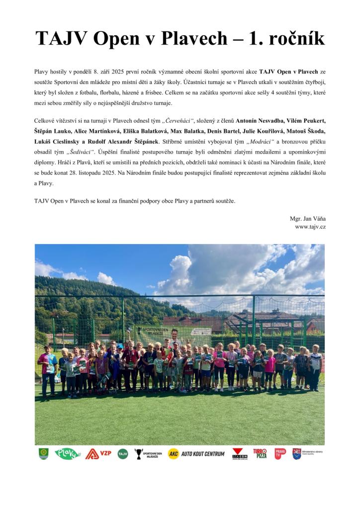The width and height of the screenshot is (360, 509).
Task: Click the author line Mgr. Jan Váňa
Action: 308,218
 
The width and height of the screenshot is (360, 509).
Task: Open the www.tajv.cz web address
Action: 310,227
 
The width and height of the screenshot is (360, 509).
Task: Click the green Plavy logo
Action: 68,453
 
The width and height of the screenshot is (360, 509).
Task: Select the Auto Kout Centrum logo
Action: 196,453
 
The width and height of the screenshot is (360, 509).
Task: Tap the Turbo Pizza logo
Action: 260,453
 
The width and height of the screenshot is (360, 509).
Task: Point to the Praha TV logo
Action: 280,453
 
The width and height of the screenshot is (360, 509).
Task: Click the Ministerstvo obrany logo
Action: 307,453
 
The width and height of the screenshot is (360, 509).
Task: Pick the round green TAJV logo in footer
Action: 122,453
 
